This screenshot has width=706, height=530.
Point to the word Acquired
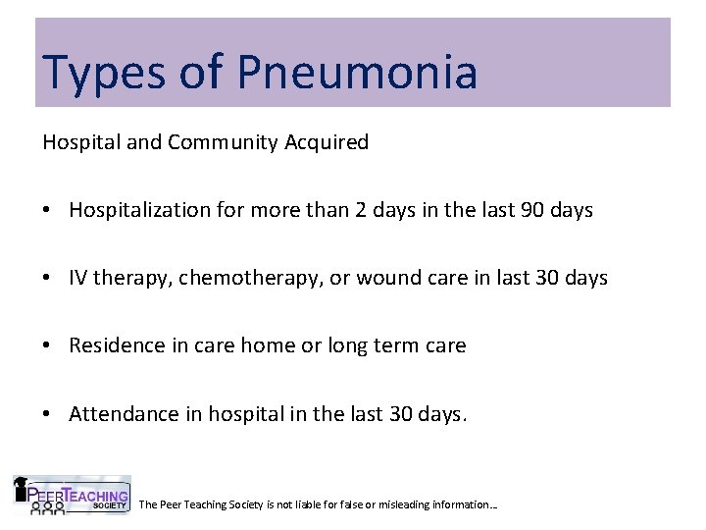pyautogui.click(x=327, y=143)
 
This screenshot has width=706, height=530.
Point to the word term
pyautogui.click(x=395, y=345)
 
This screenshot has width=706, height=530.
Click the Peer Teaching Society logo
pyautogui.click(x=71, y=496)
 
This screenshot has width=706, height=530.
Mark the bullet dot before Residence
pyautogui.click(x=48, y=346)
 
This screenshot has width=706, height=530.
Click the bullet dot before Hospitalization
pyautogui.click(x=48, y=211)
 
